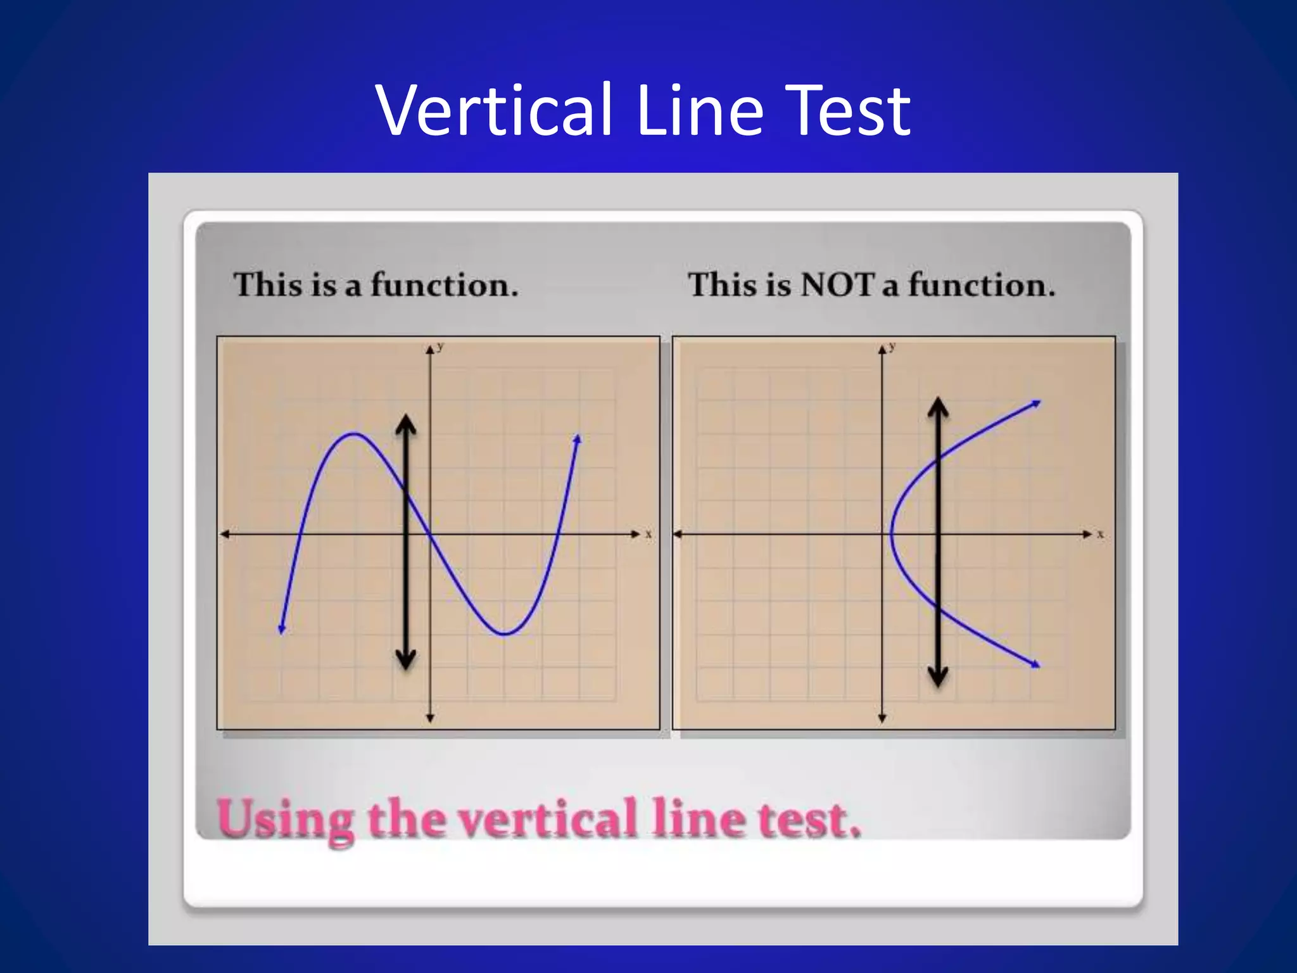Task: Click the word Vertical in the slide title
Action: pyautogui.click(x=494, y=111)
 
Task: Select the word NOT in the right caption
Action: pyautogui.click(x=837, y=284)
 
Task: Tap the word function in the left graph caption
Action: pyautogui.click(x=443, y=284)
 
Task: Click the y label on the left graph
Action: pyautogui.click(x=441, y=347)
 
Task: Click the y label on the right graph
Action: pyautogui.click(x=892, y=347)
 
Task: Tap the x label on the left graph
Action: pyautogui.click(x=648, y=535)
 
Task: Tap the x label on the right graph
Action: pyautogui.click(x=1101, y=535)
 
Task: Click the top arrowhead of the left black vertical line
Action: pyautogui.click(x=406, y=424)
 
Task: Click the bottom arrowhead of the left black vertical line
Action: pyautogui.click(x=406, y=661)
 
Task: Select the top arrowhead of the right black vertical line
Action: pyautogui.click(x=938, y=407)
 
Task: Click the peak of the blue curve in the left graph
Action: pyautogui.click(x=353, y=434)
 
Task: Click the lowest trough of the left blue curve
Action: pyautogui.click(x=504, y=633)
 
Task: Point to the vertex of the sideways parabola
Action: pyautogui.click(x=892, y=534)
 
